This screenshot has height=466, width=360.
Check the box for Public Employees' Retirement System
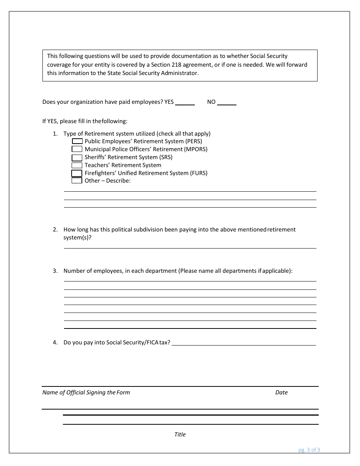point(77,141)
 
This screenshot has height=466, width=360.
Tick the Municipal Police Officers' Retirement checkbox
point(77,149)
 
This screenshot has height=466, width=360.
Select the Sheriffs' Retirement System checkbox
point(77,157)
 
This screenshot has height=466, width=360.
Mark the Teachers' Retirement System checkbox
point(77,165)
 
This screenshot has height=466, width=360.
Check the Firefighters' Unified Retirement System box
point(77,173)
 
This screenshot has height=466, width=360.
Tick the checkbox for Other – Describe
point(77,181)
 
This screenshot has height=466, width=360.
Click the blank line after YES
point(185,103)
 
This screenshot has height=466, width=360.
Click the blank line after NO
point(227,103)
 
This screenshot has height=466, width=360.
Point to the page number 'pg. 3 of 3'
point(309,450)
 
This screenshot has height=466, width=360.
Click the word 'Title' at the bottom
point(180,435)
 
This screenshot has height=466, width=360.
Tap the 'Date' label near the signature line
point(281,393)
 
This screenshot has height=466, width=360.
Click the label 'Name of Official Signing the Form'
point(86,393)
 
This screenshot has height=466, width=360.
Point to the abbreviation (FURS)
point(198,173)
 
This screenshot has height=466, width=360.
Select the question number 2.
point(55,230)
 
